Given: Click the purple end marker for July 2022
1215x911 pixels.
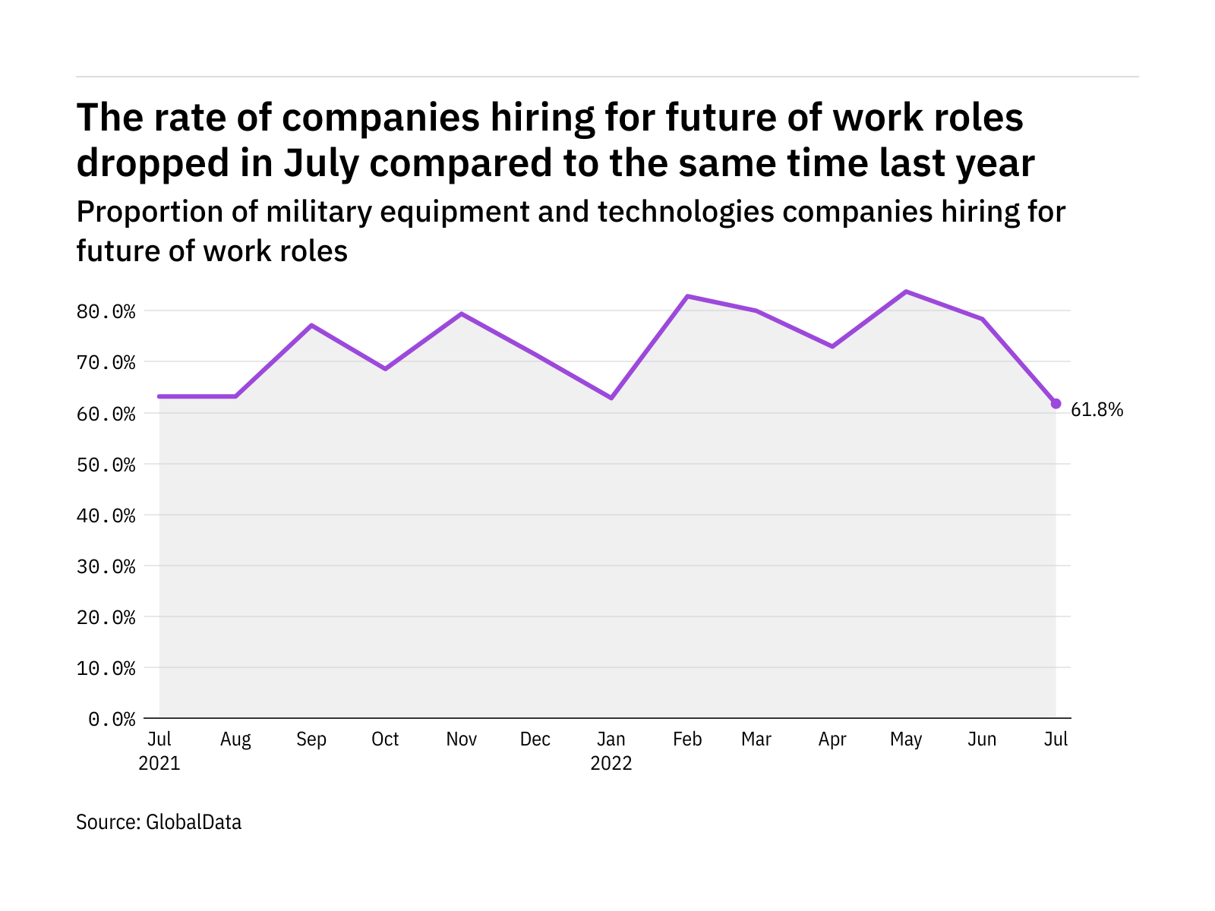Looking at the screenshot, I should tap(1056, 404).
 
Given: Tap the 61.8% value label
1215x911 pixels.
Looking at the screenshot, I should tap(1097, 410).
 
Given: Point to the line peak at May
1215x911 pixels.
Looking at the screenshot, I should tap(906, 292).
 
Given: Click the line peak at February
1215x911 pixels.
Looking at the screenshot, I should tap(687, 296).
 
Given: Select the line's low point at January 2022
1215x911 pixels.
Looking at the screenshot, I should tap(611, 398).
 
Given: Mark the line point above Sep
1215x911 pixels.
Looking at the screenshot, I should tap(311, 326).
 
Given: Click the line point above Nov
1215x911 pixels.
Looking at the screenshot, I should tap(462, 314).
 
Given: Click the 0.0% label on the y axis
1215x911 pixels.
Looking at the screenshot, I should tap(112, 719).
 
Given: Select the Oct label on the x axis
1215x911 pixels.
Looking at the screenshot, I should tap(385, 739).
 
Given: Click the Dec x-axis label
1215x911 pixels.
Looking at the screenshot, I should tap(535, 739).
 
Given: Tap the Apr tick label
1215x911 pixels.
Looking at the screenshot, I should tap(832, 739).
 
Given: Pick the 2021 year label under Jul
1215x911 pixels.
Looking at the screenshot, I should tap(159, 763).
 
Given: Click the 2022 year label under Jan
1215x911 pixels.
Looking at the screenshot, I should tap(611, 763).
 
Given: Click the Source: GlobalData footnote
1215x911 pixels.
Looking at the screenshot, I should tap(159, 822).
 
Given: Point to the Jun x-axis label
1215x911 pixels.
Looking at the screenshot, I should tap(982, 739).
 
